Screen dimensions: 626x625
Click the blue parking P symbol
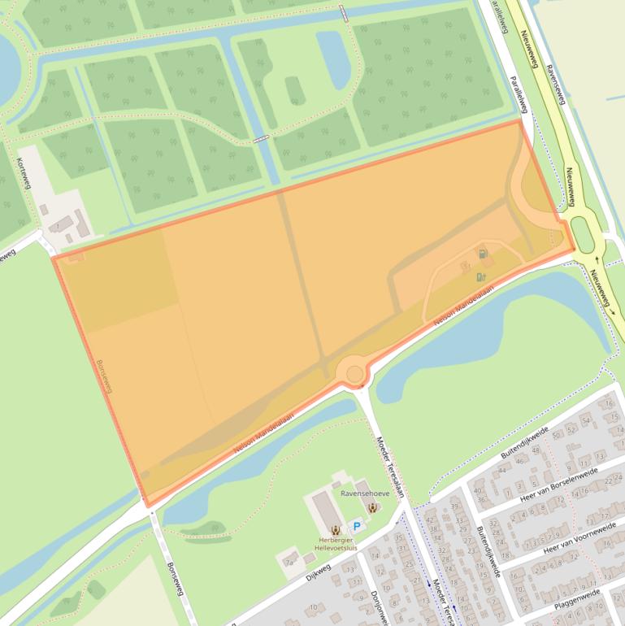click(x=355, y=527)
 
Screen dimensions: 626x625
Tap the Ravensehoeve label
click(x=365, y=493)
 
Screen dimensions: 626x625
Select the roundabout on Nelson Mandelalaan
click(x=355, y=374)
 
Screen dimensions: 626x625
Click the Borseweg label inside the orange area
click(x=103, y=376)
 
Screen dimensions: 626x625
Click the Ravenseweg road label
click(x=555, y=80)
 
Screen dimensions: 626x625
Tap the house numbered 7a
click(x=289, y=562)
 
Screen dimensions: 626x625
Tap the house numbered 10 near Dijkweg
click(x=314, y=606)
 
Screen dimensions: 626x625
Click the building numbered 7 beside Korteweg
click(x=57, y=224)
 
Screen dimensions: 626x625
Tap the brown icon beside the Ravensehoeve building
click(x=372, y=508)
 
